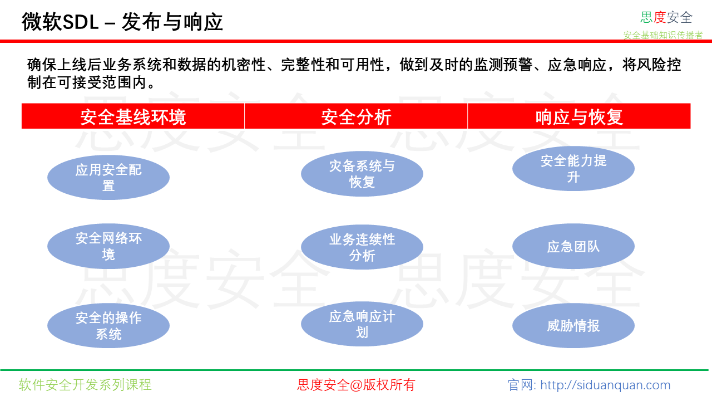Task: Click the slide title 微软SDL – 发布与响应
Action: click(122, 22)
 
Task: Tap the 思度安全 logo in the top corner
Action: click(666, 17)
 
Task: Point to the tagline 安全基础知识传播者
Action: click(662, 35)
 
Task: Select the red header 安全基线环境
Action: click(133, 116)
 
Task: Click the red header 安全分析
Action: click(356, 116)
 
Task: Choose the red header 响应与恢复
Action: click(579, 116)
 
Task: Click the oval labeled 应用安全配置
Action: click(108, 177)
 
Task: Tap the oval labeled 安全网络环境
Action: click(108, 246)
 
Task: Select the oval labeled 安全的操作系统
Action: click(108, 325)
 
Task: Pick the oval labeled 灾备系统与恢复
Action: click(362, 174)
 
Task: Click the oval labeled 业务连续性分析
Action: click(362, 247)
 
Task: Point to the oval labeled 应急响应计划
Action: click(362, 324)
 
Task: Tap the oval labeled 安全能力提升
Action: click(573, 168)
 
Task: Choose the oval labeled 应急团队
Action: click(573, 246)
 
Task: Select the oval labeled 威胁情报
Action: click(573, 325)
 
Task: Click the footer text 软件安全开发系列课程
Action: click(85, 384)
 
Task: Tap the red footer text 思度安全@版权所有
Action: click(356, 384)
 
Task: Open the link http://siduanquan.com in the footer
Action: click(605, 385)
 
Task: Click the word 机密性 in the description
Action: click(244, 65)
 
